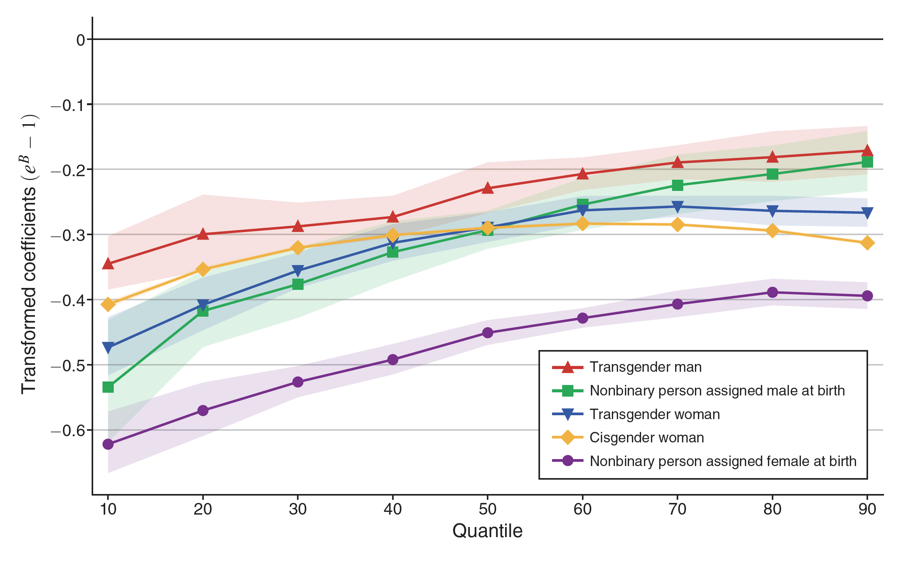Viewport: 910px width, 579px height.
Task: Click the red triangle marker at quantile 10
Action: point(108,264)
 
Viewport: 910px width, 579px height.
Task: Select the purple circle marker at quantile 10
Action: point(108,444)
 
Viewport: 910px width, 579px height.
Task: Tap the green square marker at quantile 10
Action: point(108,387)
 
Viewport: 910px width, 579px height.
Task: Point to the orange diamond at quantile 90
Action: point(867,243)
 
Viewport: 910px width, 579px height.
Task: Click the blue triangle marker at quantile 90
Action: point(867,212)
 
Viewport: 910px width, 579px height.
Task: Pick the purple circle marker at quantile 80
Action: point(772,292)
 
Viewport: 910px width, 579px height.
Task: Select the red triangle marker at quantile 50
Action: point(488,188)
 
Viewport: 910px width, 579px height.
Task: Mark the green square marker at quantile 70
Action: point(677,185)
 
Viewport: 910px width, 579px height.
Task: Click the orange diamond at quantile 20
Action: point(203,269)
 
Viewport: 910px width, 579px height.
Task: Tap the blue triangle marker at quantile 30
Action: point(298,270)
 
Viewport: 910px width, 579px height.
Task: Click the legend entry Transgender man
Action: point(645,367)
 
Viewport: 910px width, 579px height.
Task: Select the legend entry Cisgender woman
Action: point(646,437)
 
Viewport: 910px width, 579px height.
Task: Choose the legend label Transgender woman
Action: point(655,414)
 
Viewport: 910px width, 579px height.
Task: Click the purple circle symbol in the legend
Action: point(568,461)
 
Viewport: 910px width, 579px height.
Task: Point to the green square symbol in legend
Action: point(568,390)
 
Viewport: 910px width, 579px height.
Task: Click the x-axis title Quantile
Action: point(487,531)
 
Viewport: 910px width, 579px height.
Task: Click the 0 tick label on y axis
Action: point(80,40)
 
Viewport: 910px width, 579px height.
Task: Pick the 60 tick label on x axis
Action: point(582,509)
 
